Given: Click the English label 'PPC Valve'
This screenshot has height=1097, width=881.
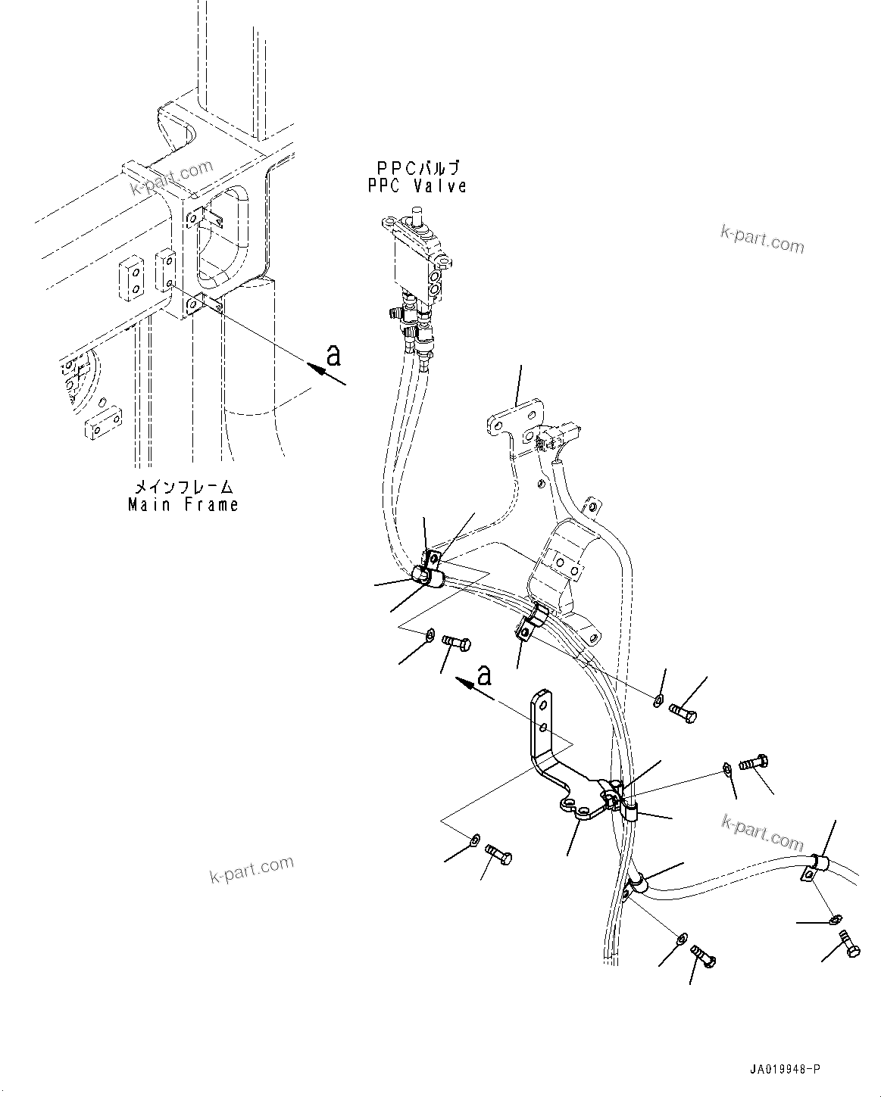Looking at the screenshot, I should [x=417, y=185].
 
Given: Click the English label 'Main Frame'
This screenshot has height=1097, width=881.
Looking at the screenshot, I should [x=183, y=504].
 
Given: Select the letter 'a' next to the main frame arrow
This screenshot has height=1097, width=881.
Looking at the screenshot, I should [x=334, y=354].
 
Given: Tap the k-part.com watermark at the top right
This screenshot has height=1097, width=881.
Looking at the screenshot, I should [x=762, y=241].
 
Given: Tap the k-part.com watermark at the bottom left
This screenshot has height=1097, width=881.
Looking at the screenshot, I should [x=251, y=870].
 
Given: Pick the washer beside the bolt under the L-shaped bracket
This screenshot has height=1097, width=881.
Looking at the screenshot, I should [x=475, y=838].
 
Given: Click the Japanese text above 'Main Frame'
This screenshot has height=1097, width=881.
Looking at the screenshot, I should [x=183, y=487].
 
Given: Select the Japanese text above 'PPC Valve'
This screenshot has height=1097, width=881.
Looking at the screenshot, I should [x=417, y=168].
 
